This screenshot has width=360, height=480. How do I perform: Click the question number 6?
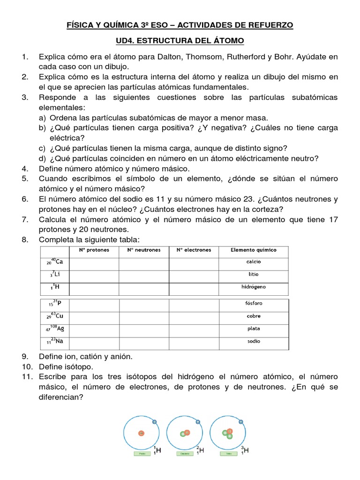click(x=25, y=199)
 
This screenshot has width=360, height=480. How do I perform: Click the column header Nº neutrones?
click(x=144, y=250)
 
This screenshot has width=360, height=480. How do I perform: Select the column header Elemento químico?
click(x=254, y=250)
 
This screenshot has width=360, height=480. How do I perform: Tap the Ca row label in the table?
click(x=55, y=262)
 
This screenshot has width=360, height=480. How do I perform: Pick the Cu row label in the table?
click(x=55, y=316)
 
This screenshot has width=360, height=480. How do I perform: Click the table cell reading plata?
click(x=254, y=329)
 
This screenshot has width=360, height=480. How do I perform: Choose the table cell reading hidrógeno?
click(x=254, y=286)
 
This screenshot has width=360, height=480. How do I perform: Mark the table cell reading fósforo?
click(x=254, y=303)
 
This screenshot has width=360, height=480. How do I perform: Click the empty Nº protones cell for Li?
click(x=94, y=274)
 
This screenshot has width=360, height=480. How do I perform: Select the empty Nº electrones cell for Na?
click(x=193, y=342)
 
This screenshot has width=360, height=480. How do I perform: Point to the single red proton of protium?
click(x=141, y=434)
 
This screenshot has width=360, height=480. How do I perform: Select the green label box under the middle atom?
click(x=185, y=454)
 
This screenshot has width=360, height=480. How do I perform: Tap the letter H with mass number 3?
click(x=246, y=451)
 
